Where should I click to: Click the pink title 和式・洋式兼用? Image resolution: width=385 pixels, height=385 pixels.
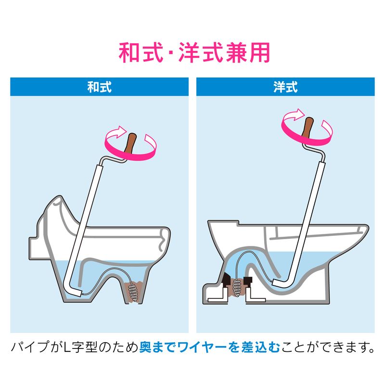(194, 52)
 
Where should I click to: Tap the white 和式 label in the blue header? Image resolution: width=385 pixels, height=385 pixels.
(100, 87)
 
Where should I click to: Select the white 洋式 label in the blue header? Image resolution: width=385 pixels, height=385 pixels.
(285, 87)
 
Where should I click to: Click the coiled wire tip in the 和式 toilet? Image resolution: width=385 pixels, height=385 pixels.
(134, 294)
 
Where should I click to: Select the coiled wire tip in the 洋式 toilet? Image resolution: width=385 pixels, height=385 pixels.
(237, 287)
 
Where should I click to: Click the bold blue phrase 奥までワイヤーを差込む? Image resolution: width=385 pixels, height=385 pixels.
(210, 347)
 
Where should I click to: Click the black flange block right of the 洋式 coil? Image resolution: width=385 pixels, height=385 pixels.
(248, 282)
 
